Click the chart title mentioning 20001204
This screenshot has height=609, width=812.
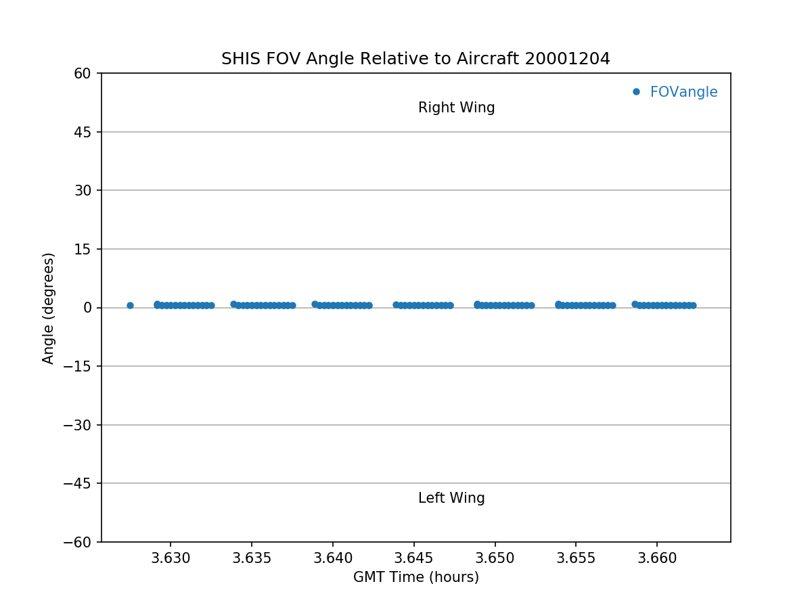click(415, 59)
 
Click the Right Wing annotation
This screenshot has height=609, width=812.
click(456, 108)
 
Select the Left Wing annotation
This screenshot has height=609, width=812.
click(451, 498)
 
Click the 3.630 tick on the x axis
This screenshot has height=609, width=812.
click(171, 558)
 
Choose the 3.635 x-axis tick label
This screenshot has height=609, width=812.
click(252, 558)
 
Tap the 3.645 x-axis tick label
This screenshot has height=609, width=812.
click(414, 558)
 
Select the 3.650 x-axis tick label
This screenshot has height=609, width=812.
click(495, 558)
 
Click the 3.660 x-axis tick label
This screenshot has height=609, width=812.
click(657, 558)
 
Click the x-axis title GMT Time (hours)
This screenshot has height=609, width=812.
click(415, 577)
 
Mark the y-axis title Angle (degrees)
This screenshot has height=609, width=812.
click(49, 308)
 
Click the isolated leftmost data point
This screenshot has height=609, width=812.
click(130, 305)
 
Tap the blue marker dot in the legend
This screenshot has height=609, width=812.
click(636, 92)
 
